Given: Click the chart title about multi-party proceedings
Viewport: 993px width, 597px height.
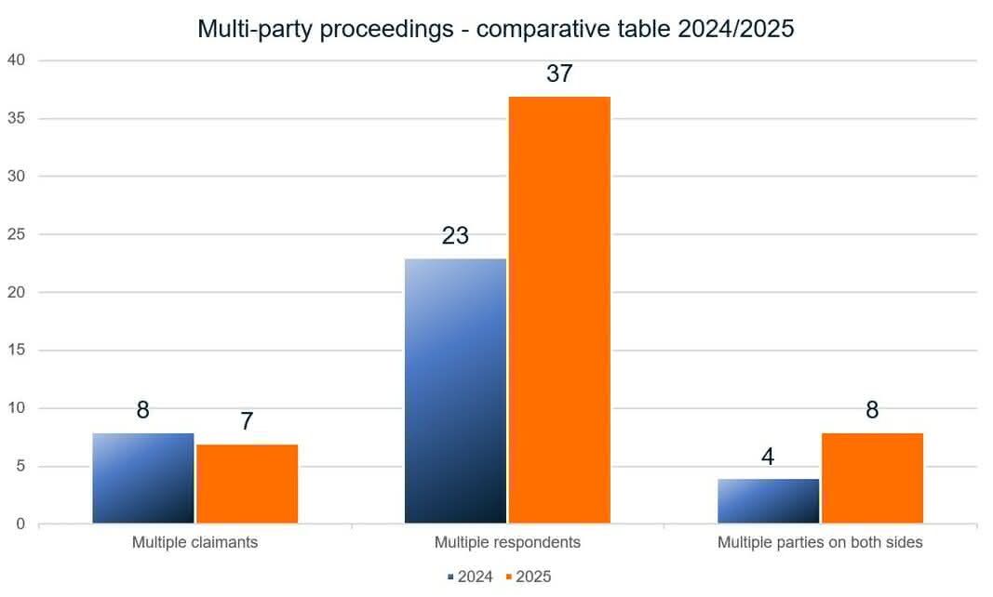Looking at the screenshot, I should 495,29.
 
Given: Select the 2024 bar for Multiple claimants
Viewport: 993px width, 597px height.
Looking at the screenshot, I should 143,478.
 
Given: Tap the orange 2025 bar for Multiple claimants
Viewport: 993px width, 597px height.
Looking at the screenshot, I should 247,484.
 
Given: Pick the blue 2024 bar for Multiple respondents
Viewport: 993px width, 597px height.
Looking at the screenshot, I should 455,391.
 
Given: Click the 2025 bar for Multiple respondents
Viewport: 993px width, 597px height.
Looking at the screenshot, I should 559,310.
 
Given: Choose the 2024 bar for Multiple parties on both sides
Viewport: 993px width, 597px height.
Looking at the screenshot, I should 768,501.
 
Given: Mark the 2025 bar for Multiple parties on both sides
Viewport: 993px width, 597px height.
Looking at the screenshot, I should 872,478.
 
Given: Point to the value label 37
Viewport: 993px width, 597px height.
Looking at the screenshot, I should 559,74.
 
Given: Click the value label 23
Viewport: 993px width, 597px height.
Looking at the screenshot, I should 455,236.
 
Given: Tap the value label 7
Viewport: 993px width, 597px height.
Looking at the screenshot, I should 247,422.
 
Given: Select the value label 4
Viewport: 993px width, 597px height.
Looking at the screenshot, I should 768,457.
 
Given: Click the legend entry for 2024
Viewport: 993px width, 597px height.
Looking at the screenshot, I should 470,577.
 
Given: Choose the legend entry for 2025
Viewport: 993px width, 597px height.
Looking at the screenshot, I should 528,577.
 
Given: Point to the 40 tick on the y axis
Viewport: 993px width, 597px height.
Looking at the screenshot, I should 19,60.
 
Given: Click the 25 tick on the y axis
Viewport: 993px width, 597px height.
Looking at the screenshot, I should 19,234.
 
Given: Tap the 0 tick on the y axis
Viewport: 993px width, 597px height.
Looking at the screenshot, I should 21,524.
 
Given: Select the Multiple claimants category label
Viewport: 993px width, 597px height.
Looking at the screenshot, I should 195,542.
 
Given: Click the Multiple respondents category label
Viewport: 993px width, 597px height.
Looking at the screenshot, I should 507,542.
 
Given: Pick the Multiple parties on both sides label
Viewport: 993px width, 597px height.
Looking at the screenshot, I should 820,542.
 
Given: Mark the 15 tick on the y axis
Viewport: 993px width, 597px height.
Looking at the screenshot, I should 19,351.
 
